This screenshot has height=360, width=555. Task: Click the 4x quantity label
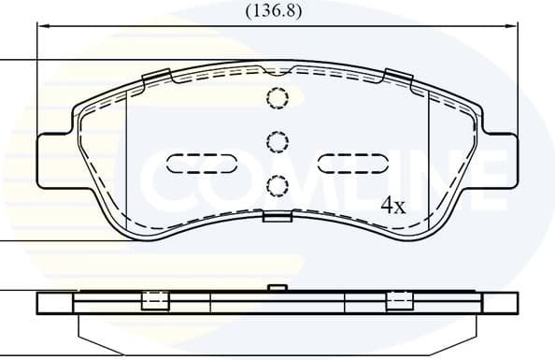[391, 207]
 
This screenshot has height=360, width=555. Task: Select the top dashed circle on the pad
[277, 97]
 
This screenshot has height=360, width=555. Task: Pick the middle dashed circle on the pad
[277, 141]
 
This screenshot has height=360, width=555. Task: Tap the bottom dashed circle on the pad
[277, 184]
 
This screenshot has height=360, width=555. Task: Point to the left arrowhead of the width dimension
[42, 27]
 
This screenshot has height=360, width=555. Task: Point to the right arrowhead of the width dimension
[512, 27]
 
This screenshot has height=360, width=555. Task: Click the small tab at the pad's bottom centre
[277, 217]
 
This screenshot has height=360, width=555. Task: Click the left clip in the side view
[153, 300]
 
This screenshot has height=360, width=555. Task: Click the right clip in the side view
[399, 300]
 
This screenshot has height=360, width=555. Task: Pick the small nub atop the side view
[276, 288]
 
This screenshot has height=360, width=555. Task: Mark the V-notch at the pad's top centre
[277, 70]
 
